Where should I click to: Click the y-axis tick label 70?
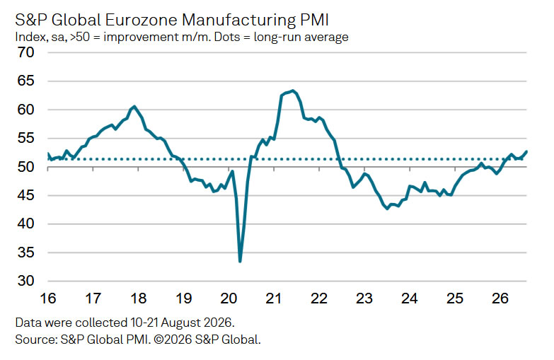[x=25, y=52]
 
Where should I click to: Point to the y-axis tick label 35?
[x=25, y=252]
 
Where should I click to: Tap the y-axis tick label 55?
[x=25, y=138]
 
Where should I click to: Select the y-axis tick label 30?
[x=25, y=281]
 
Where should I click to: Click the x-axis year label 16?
[x=48, y=298]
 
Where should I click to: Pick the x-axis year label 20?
[x=229, y=298]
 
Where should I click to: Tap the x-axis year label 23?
[x=364, y=298]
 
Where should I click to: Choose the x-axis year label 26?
[x=500, y=298]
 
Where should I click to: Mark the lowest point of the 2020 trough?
[x=241, y=262]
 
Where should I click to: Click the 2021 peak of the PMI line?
[x=292, y=91]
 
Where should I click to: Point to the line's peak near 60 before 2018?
[x=134, y=106]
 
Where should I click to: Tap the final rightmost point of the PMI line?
[x=526, y=151]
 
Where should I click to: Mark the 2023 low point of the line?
[x=388, y=209]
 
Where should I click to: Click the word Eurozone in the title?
[x=142, y=20]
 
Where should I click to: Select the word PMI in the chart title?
[x=314, y=20]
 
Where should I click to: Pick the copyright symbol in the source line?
[x=158, y=339]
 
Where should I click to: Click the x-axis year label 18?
[x=138, y=298]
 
